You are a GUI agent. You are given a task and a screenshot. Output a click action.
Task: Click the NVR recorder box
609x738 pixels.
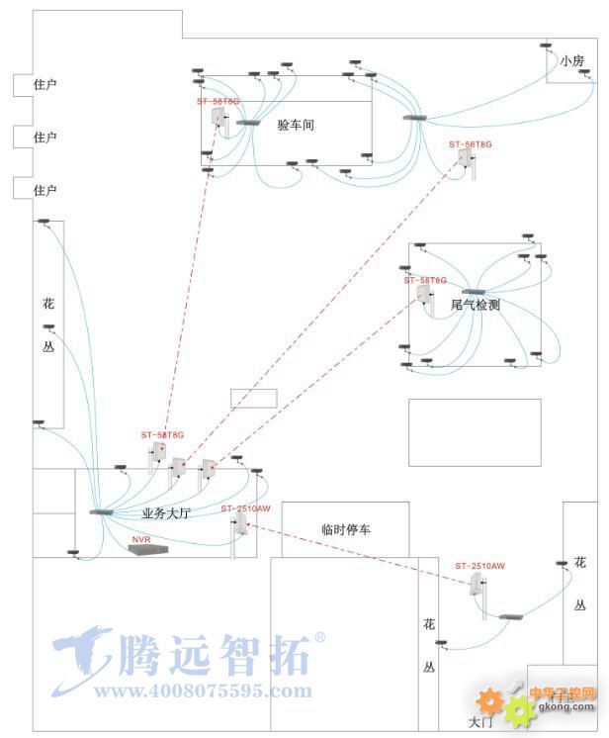tap(148, 548)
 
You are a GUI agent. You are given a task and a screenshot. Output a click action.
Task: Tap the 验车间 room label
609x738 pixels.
tap(296, 126)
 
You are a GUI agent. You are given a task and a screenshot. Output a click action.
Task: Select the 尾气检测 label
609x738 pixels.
tap(476, 305)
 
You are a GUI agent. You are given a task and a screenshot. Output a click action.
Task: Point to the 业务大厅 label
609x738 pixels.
tap(166, 514)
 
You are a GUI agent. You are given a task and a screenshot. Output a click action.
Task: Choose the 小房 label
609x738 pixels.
tap(572, 61)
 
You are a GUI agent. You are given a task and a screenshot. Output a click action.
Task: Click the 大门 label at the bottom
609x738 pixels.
tap(479, 722)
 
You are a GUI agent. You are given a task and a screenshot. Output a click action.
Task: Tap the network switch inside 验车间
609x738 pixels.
tap(247, 122)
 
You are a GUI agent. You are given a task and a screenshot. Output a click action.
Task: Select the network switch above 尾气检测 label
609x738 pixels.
tap(473, 293)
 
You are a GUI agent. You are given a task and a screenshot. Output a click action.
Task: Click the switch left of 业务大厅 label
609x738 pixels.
tap(101, 511)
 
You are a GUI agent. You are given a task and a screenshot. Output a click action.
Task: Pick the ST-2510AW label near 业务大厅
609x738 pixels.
tap(245, 507)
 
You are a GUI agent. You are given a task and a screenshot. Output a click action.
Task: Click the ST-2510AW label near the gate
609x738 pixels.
tap(480, 566)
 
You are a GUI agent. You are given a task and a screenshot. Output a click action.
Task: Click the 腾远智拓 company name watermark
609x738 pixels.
tap(213, 653)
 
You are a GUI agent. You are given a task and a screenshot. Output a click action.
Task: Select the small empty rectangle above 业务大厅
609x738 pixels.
tap(254, 398)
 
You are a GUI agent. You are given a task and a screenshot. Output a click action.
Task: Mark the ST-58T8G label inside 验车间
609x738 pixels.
tap(218, 101)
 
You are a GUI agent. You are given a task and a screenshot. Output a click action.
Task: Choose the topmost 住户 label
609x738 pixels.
tap(44, 85)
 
